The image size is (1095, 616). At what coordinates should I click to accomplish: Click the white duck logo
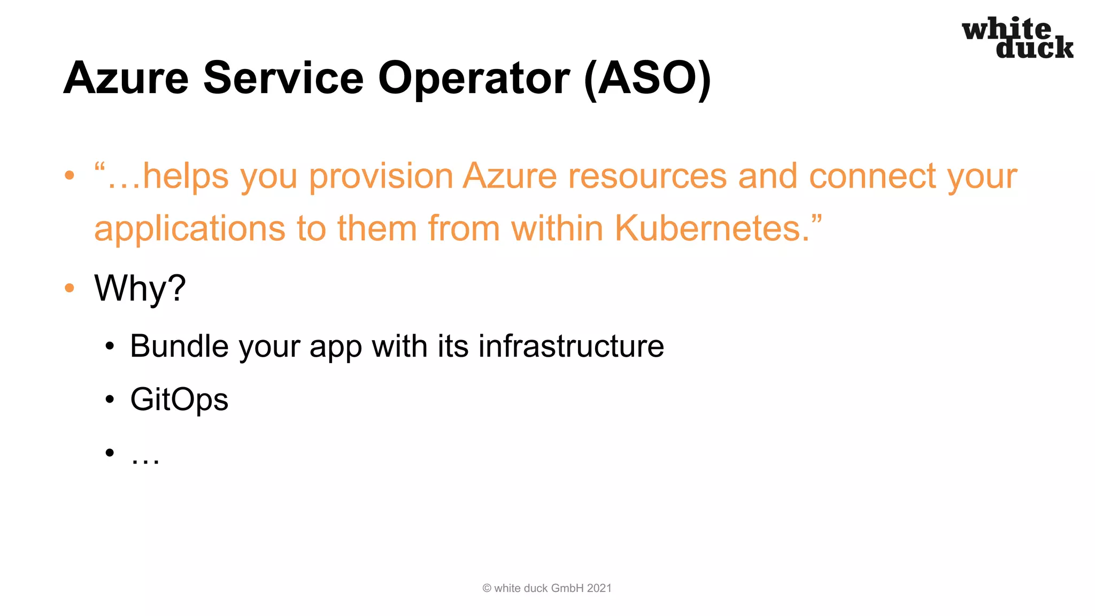[x=1017, y=38]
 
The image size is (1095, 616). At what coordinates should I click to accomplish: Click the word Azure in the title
[x=126, y=78]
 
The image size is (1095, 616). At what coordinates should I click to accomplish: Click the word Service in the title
[x=283, y=78]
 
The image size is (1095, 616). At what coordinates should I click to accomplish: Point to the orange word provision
[x=381, y=177]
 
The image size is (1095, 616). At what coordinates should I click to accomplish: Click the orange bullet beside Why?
[x=69, y=288]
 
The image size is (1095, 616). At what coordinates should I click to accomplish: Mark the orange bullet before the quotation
[x=69, y=175]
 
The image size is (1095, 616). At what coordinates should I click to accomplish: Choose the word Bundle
[x=179, y=346]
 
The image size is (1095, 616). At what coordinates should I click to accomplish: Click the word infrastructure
[x=571, y=346]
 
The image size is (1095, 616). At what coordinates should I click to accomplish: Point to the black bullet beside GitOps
[x=110, y=399]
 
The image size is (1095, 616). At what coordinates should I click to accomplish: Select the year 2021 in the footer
[x=599, y=588]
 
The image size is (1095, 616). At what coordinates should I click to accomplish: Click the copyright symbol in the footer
[x=487, y=588]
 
